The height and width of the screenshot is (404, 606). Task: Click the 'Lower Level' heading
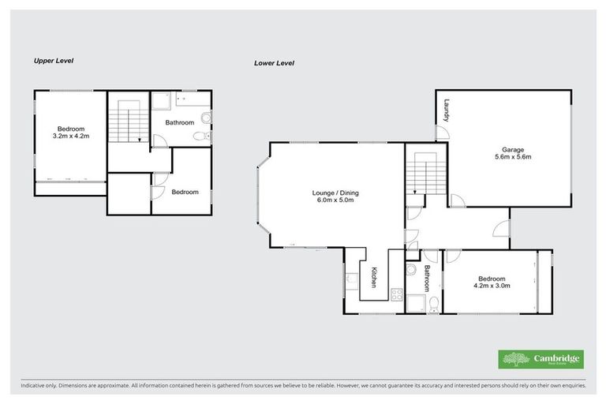(274, 62)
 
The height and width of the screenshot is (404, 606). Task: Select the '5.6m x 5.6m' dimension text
(513, 157)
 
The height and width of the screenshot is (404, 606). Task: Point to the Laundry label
(446, 110)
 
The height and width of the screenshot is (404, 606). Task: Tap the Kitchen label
(374, 277)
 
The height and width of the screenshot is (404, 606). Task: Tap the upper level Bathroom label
(180, 122)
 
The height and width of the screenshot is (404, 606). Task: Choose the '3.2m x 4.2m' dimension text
(69, 137)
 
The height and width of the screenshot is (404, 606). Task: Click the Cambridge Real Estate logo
(541, 359)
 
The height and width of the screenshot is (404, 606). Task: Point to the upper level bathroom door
(158, 140)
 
